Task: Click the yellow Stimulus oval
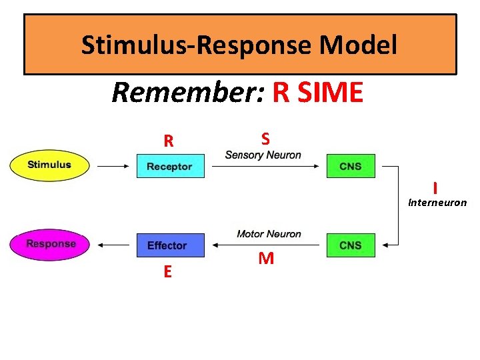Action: (x=49, y=165)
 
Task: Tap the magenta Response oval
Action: (x=51, y=244)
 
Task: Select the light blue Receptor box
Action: (x=169, y=165)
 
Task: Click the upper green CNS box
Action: (x=351, y=166)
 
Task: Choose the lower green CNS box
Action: (x=351, y=245)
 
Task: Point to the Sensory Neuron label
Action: (x=263, y=155)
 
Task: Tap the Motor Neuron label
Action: (x=269, y=234)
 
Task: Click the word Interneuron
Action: (x=437, y=203)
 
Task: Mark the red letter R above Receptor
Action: (x=169, y=141)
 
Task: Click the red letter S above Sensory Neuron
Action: (x=265, y=139)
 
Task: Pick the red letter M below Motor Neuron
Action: (x=265, y=259)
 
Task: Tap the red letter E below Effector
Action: (x=167, y=271)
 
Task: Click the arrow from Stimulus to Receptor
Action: (x=113, y=165)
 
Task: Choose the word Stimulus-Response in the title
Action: (x=197, y=45)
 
